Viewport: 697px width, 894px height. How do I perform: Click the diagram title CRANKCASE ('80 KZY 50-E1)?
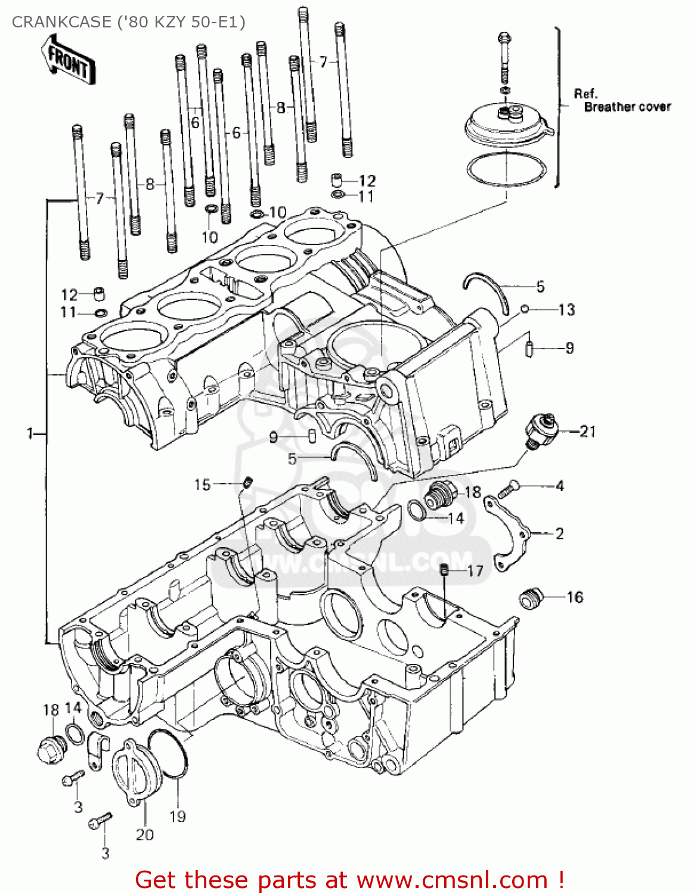tap(128, 22)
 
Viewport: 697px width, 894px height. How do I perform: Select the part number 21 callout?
tap(588, 432)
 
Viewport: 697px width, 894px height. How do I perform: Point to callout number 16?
tap(574, 597)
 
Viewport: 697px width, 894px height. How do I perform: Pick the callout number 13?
tap(566, 309)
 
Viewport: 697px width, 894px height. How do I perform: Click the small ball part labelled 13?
tap(525, 309)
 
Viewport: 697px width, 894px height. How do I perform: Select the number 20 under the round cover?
tap(145, 835)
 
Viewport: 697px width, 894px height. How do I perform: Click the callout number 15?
tap(202, 485)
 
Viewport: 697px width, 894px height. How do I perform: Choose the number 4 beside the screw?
tap(559, 486)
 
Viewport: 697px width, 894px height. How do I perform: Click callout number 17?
tap(475, 571)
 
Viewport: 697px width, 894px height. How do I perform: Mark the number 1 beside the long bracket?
tap(30, 434)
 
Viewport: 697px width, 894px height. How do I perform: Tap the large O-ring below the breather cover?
tap(507, 169)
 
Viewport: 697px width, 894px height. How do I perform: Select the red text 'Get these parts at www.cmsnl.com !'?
tap(349, 880)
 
